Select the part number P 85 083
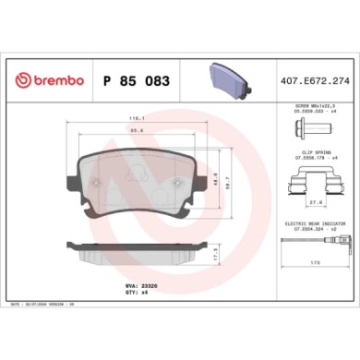(x=133, y=82)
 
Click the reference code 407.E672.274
(x=315, y=82)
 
